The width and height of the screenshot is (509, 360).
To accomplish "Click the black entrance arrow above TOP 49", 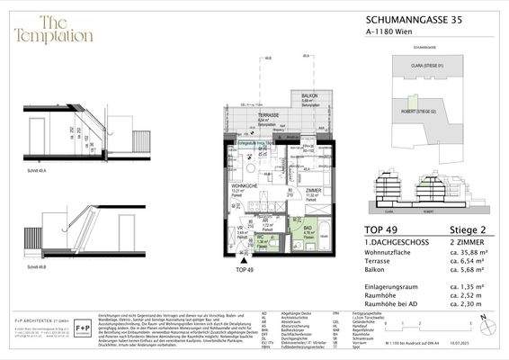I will (240, 260).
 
